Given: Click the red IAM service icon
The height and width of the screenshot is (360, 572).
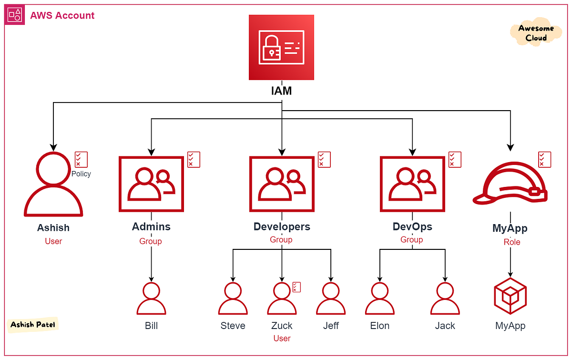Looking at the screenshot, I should tap(281, 47).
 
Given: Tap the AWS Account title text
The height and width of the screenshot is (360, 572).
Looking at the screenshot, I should tap(62, 15).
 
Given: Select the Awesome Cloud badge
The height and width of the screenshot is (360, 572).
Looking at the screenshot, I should tap(536, 33).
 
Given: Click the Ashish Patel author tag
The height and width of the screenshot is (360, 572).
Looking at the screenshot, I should tap(33, 325).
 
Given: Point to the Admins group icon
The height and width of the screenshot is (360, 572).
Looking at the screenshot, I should tap(151, 184).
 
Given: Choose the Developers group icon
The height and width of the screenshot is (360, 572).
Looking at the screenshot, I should tap(281, 184).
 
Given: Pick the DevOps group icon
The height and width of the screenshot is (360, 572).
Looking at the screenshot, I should tap(412, 184).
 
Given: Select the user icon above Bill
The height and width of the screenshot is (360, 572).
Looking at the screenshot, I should tap(151, 299).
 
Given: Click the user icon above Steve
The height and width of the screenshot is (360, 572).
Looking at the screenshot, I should tap(233, 299).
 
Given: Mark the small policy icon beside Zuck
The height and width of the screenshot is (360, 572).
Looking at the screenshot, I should tap(296, 287).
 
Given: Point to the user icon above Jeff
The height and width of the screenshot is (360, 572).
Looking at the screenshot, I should tap(330, 299).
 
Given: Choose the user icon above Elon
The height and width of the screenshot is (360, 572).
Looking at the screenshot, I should tap(380, 299).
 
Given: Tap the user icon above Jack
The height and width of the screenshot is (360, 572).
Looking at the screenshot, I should tap(445, 299).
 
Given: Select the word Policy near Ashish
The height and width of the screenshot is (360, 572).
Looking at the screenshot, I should tap(81, 174).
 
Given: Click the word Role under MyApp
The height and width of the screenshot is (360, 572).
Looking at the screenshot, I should tap(511, 242).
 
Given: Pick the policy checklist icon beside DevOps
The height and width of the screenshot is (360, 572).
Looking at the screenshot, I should tap(455, 159).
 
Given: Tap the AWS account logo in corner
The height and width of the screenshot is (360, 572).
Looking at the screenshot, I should tap(14, 15).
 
